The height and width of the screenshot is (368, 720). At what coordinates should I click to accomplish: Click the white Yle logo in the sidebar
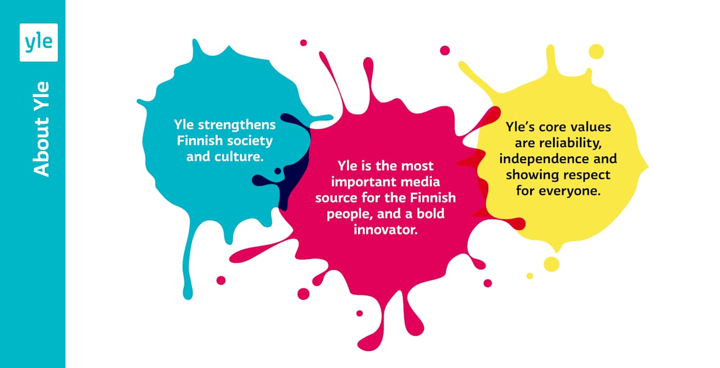pos(38,43)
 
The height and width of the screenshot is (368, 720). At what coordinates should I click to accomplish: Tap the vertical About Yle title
pos(41,129)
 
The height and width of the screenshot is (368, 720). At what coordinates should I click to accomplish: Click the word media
pos(421,180)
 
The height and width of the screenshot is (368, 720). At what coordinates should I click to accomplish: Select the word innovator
pos(386,230)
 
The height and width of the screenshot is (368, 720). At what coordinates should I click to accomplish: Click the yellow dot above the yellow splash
pos(596,52)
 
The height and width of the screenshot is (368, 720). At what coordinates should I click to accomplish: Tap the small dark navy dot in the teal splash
pos(278,171)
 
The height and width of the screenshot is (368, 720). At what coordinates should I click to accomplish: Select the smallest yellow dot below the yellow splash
pos(529,276)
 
